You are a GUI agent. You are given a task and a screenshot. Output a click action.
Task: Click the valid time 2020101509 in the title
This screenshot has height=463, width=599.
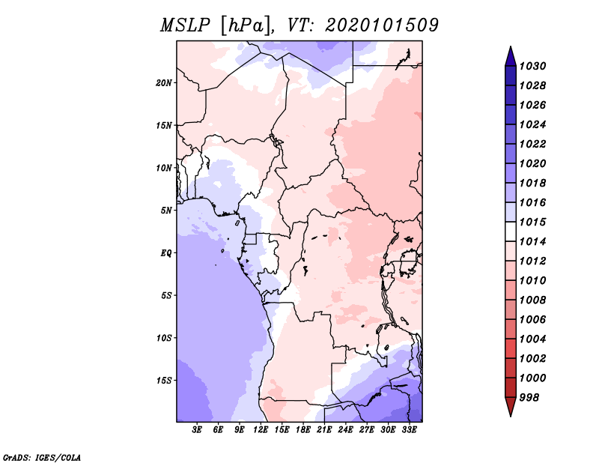(x=381, y=25)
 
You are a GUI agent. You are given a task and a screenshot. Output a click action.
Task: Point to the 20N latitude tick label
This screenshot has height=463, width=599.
(x=164, y=82)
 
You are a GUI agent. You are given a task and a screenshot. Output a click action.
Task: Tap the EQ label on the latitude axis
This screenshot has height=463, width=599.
(x=166, y=252)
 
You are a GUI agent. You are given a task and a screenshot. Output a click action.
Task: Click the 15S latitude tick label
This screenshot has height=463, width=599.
(x=164, y=380)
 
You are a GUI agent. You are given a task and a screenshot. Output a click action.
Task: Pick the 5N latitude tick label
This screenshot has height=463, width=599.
(x=166, y=210)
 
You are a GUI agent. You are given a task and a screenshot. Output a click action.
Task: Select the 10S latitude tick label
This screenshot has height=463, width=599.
(x=164, y=338)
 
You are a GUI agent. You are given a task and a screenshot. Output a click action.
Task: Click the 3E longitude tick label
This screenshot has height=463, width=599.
(x=198, y=430)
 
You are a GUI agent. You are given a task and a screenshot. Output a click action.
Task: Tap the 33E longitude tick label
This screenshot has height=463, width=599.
(x=409, y=430)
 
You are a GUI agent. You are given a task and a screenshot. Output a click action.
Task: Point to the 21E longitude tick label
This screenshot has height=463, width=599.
(x=324, y=430)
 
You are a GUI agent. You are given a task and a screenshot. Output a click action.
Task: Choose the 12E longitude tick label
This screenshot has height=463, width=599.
(x=261, y=430)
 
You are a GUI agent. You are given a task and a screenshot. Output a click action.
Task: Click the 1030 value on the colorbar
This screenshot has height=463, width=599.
(x=535, y=66)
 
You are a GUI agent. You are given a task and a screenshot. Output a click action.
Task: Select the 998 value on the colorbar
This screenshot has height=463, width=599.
(x=532, y=397)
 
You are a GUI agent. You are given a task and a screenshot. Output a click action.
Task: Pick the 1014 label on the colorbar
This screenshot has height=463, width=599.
(x=535, y=241)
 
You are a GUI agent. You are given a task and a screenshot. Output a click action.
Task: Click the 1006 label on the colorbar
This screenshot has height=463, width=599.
(x=535, y=319)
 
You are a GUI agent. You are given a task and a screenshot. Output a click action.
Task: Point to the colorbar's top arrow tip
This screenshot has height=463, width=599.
(x=510, y=48)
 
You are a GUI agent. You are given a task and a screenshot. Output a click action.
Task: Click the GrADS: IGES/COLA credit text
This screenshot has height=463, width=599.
(x=42, y=456)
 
